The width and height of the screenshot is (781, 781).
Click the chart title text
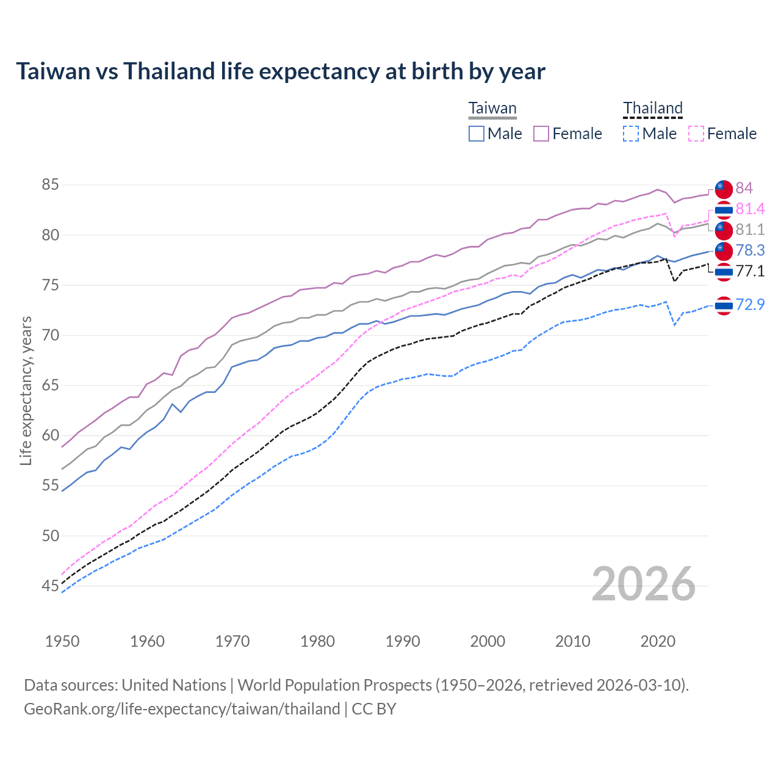pyautogui.click(x=280, y=71)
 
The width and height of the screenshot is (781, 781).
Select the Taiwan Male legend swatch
pyautogui.click(x=477, y=134)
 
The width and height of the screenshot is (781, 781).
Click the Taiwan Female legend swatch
pyautogui.click(x=541, y=134)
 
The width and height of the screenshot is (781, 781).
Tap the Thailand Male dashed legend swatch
pyautogui.click(x=631, y=134)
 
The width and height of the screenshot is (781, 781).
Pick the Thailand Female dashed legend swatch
pyautogui.click(x=696, y=134)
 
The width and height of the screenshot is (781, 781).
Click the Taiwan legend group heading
pyautogui.click(x=492, y=109)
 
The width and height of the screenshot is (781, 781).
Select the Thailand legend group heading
pyautogui.click(x=652, y=109)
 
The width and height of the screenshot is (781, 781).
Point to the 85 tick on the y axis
pyautogui.click(x=50, y=184)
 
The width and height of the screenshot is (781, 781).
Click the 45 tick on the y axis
pyautogui.click(x=50, y=586)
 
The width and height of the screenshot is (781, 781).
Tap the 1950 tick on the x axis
pyautogui.click(x=62, y=641)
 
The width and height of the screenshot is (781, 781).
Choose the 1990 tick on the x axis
pyautogui.click(x=403, y=641)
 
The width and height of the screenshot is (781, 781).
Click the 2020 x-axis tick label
pyautogui.click(x=658, y=641)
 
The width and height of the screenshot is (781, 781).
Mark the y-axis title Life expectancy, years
pyautogui.click(x=26, y=390)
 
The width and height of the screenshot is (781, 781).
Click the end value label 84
pyautogui.click(x=744, y=188)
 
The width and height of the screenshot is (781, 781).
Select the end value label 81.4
pyautogui.click(x=750, y=209)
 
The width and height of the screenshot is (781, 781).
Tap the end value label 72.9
pyautogui.click(x=750, y=304)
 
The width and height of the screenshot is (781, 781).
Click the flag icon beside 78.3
pyautogui.click(x=723, y=250)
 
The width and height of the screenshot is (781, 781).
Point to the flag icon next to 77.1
pyautogui.click(x=723, y=272)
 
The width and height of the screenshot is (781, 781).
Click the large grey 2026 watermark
pyautogui.click(x=643, y=584)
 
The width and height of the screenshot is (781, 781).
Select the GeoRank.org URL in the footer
pyautogui.click(x=182, y=709)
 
